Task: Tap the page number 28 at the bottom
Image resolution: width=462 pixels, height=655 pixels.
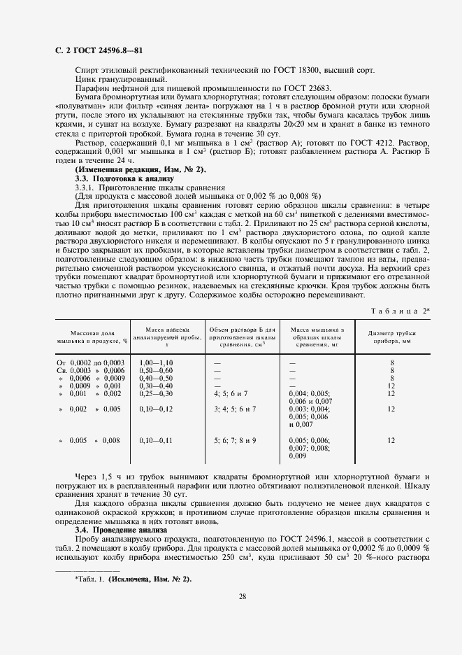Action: (242, 596)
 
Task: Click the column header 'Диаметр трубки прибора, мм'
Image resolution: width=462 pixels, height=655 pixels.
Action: (392, 337)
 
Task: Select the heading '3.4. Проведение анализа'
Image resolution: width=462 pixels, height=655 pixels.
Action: (121, 530)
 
